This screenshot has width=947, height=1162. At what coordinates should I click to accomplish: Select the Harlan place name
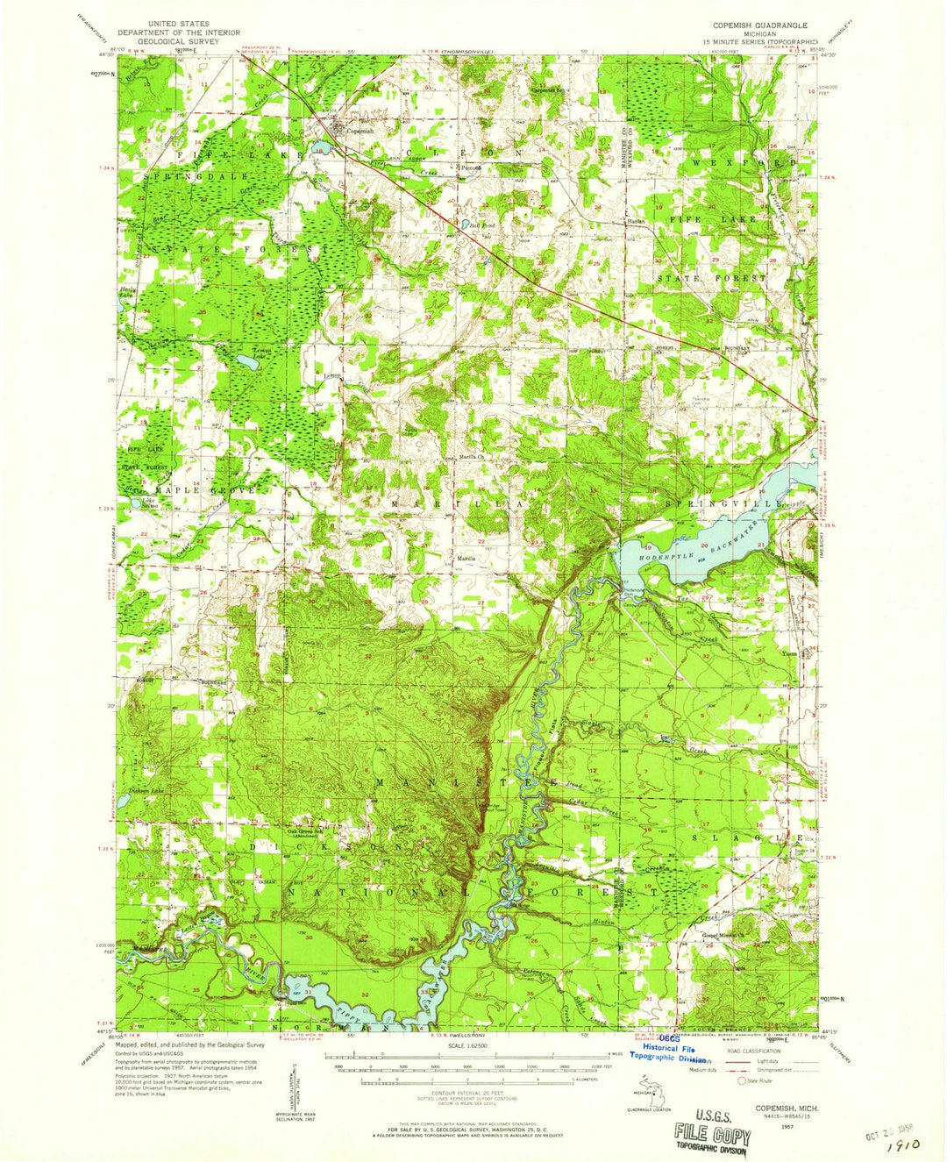point(636,222)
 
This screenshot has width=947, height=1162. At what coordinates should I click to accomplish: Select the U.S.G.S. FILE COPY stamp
point(712,1137)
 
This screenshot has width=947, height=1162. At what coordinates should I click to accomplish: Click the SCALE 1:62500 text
point(473,1045)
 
